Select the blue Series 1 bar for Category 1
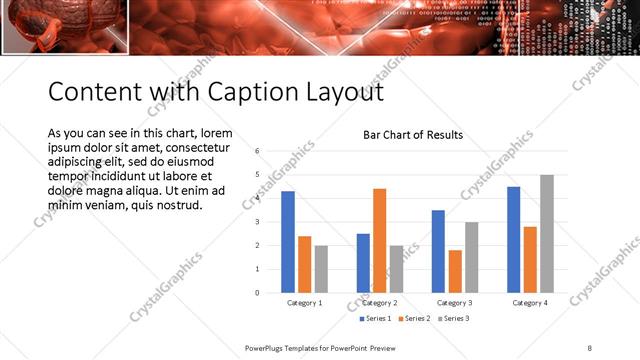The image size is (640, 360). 288,241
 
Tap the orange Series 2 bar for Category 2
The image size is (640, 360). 379,240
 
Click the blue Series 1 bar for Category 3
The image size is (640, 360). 438,251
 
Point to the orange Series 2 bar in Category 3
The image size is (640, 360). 455,271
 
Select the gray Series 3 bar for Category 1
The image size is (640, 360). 321,269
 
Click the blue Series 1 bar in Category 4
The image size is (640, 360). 513,239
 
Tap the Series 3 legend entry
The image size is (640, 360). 453,319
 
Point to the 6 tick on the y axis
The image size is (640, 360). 258,151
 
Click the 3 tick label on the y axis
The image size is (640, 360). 258,222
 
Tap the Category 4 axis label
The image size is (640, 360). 530,303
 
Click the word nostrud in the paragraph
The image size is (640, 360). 179,205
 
